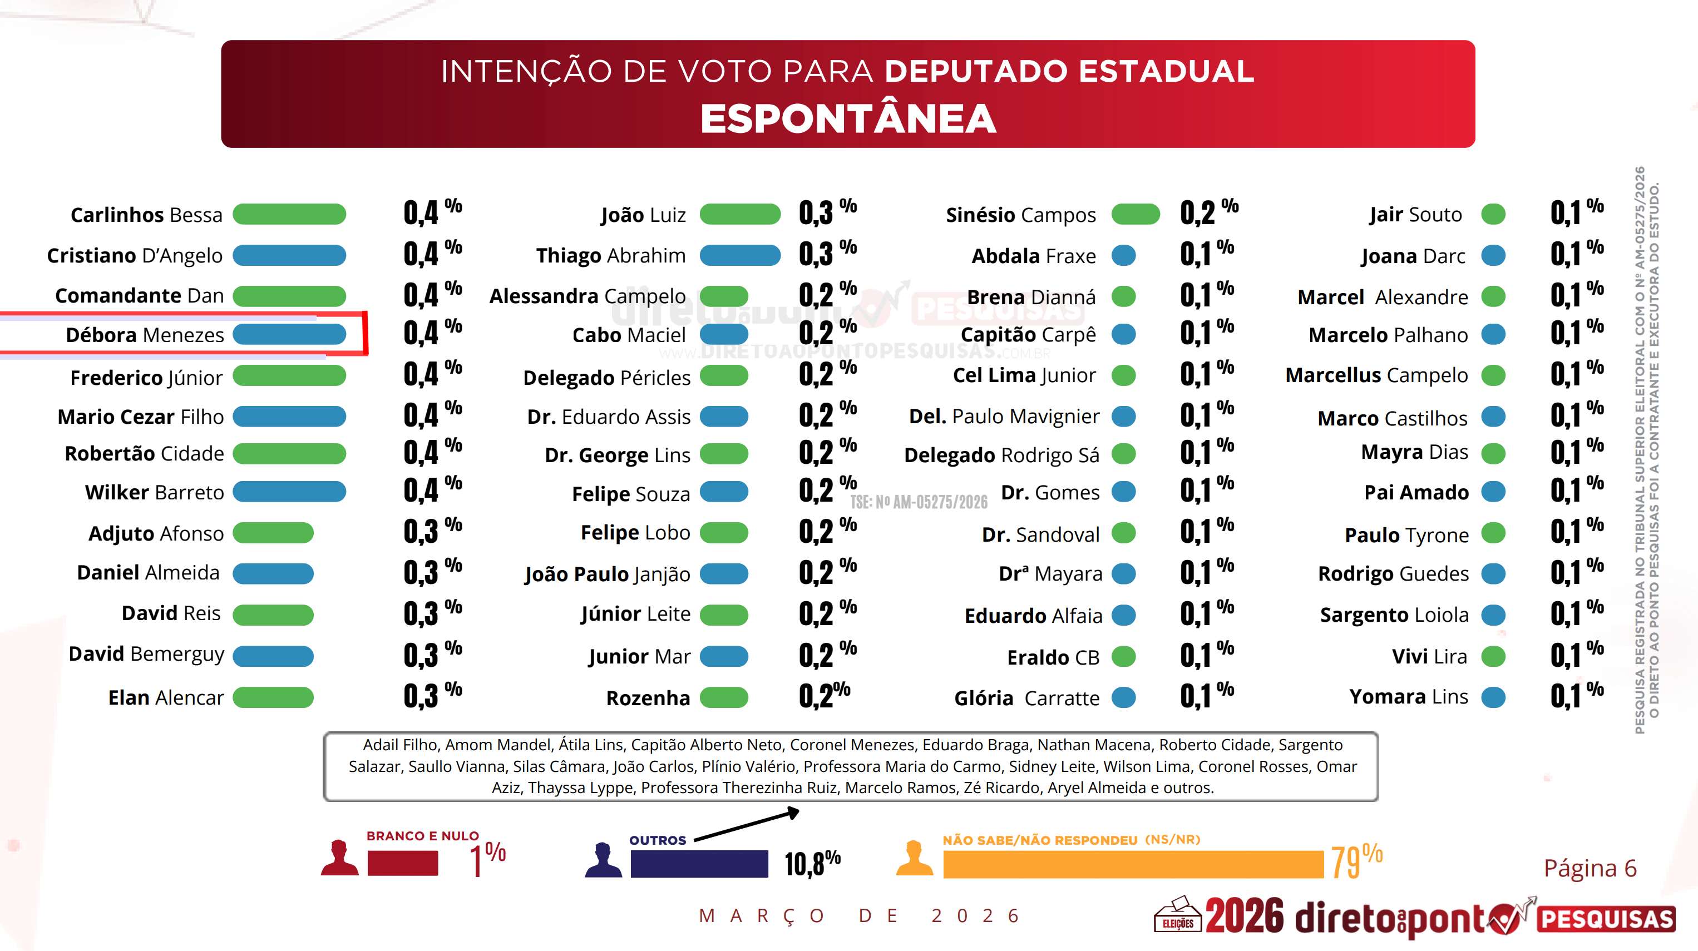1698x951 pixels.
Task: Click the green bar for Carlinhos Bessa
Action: tap(289, 214)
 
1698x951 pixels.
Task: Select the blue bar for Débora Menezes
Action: tap(289, 334)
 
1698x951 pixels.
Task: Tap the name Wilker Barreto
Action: tap(154, 492)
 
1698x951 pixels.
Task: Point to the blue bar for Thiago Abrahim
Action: tap(739, 255)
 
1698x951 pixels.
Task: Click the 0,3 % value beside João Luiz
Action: tap(827, 213)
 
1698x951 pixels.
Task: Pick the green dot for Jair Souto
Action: tap(1493, 214)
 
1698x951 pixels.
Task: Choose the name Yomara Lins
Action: tap(1409, 697)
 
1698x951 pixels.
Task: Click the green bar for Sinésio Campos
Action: tap(1135, 214)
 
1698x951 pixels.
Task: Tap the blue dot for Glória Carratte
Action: tap(1123, 697)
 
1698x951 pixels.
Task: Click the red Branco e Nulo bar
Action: tap(402, 863)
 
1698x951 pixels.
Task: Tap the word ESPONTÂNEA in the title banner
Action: tap(848, 118)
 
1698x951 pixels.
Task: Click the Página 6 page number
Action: tap(1590, 868)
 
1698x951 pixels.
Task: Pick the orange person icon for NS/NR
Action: tap(914, 859)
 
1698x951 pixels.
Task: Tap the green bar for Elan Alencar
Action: tap(273, 697)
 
